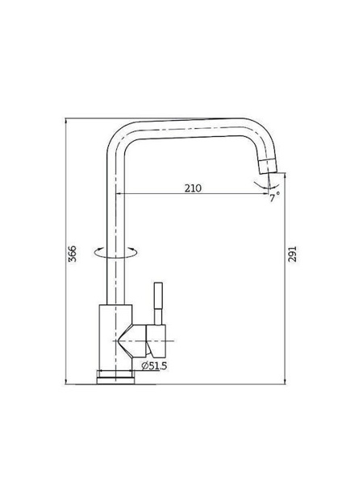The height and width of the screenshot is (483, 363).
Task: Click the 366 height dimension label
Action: point(72,254)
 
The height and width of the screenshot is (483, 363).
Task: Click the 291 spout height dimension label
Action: point(292,254)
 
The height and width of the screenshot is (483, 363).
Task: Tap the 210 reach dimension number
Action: point(193,188)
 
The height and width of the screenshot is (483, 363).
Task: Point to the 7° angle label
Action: point(274,197)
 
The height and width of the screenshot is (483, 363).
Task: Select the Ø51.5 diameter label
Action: point(154,366)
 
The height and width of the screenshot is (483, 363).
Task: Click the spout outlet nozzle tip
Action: point(268,167)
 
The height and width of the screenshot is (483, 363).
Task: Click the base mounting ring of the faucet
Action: point(115,377)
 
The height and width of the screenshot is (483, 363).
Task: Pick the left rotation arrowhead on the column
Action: point(99,249)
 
